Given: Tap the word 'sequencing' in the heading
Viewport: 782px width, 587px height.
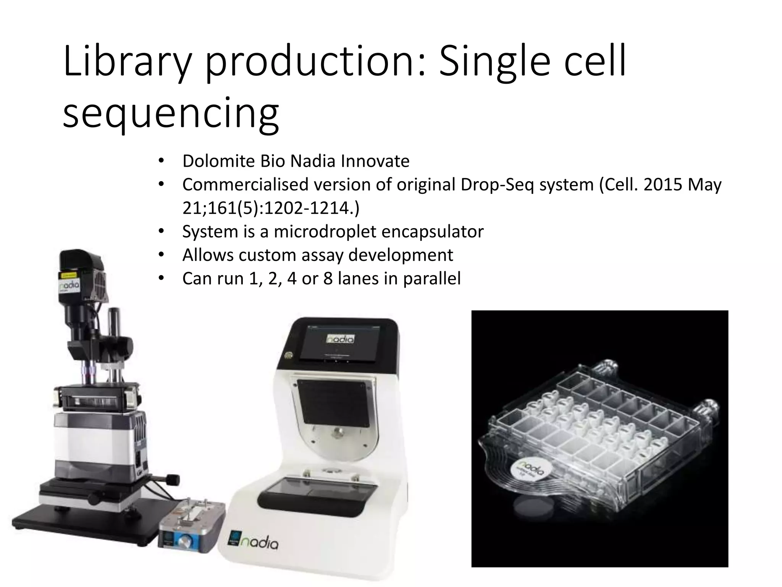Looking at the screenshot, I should [x=171, y=113].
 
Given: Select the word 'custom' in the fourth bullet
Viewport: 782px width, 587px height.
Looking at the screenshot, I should [x=267, y=255].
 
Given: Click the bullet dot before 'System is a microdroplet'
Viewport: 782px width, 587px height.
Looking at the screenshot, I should [x=161, y=232].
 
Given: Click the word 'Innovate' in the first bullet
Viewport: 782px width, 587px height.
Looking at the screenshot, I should [x=375, y=161].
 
